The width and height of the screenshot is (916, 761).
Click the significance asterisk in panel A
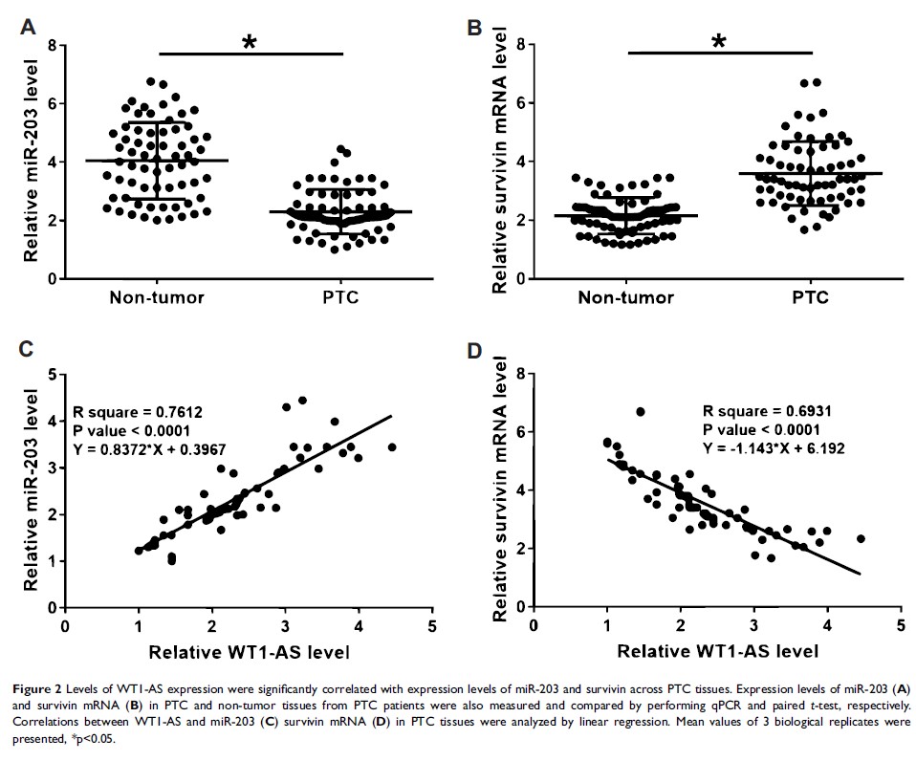[250, 44]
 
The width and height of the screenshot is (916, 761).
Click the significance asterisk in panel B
[719, 42]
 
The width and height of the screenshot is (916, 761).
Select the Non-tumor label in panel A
[158, 297]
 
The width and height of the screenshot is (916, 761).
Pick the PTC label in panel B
[810, 298]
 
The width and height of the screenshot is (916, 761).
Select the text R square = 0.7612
[142, 412]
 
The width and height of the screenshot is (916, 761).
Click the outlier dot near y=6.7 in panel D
[641, 411]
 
